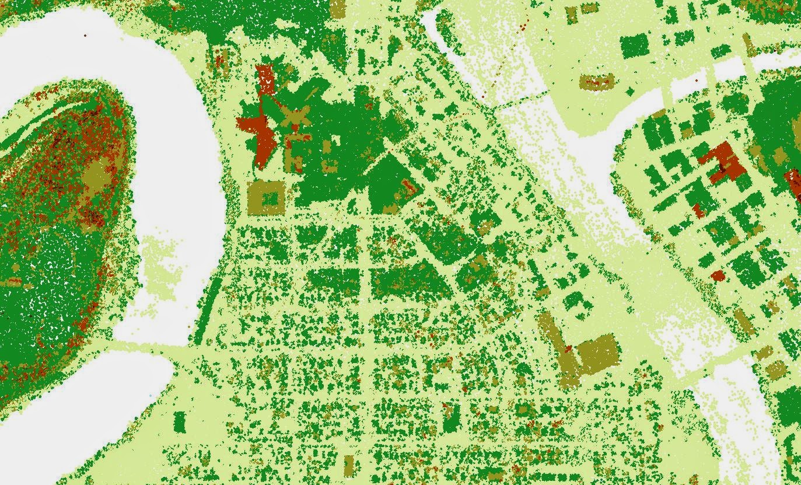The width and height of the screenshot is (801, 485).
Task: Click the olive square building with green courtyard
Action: pos(266,197)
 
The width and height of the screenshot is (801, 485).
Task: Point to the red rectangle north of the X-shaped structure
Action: pos(265,78)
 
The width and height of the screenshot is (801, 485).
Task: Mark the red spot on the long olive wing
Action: pos(568,350)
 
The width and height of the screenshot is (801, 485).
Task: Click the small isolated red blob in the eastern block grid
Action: pos(718,275)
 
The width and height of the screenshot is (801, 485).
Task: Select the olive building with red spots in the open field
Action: pos(596,82)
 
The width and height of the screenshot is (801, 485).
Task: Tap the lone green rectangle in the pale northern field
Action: pos(635,46)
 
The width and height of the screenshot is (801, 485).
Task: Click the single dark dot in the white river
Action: pos(85,36)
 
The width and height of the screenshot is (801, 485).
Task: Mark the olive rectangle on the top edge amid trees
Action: pos(337,8)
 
